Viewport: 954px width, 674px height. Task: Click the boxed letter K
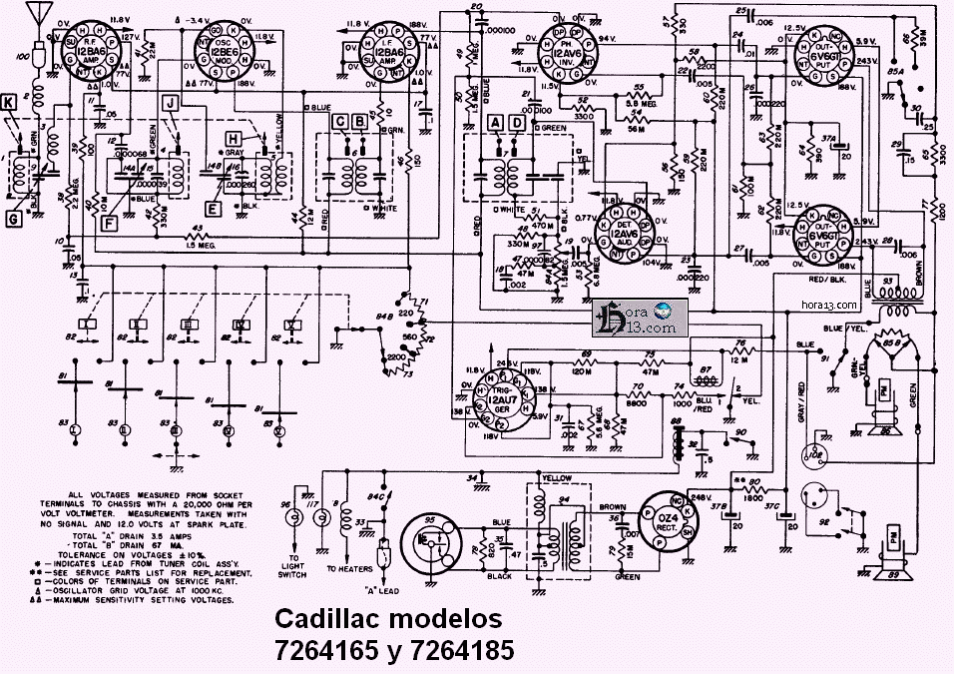(x=10, y=101)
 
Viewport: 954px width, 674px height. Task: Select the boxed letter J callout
(x=171, y=102)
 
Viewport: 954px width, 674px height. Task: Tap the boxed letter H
(x=234, y=139)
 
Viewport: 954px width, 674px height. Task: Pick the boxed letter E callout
(x=213, y=209)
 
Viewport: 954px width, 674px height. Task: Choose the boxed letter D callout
(x=517, y=122)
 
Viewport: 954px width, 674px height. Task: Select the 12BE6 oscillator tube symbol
(x=227, y=52)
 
